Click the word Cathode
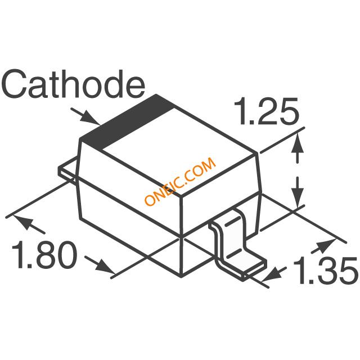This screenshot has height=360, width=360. pos(73,84)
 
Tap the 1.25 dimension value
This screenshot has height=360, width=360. pos(266,111)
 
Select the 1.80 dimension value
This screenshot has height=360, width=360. pos(44,255)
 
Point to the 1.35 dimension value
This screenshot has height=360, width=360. pos(326,271)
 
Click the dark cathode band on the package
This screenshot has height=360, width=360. pos(127,121)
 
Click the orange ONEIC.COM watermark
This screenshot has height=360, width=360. pos(180,181)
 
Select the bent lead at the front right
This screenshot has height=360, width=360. pos(237,245)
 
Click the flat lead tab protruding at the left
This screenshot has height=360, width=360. pos(67,169)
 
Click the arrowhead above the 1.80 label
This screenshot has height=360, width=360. pos(24,222)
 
